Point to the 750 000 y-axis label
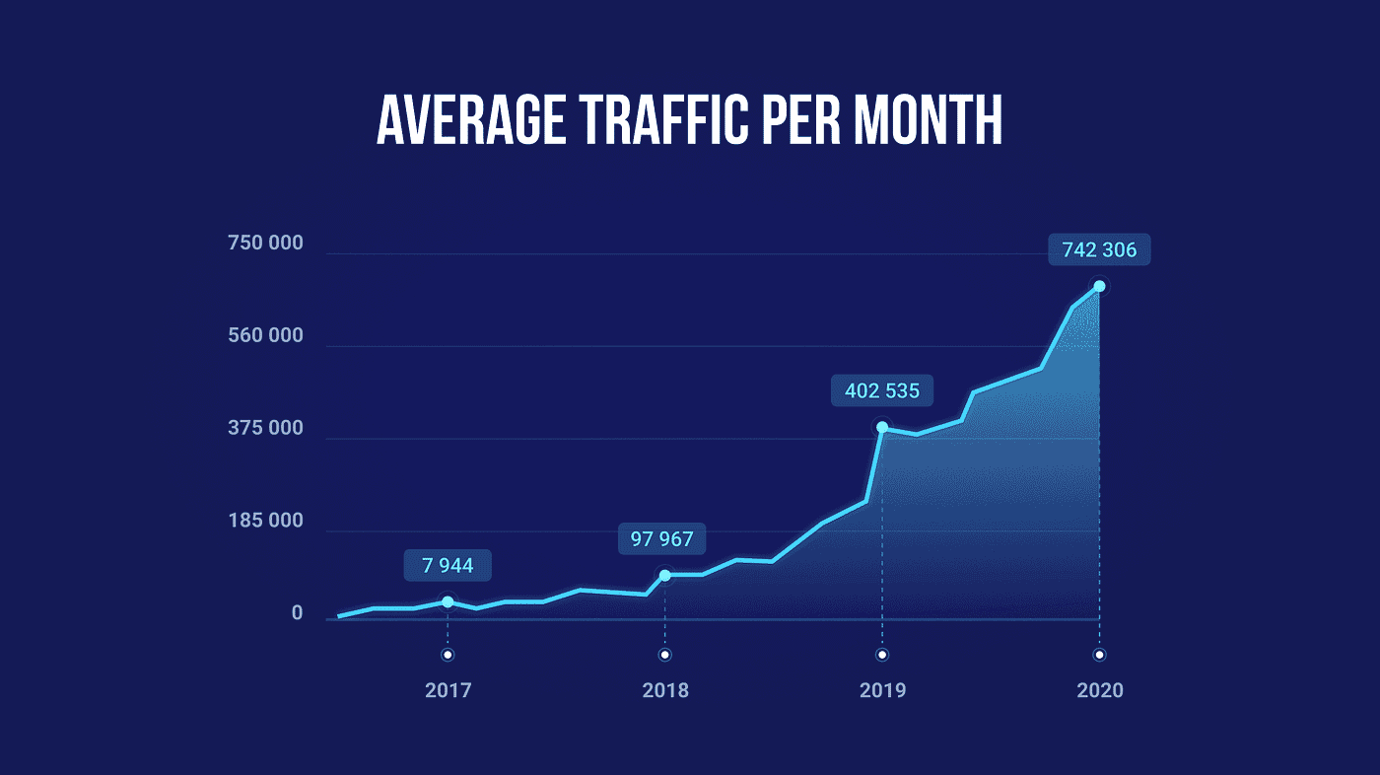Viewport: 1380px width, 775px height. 266,244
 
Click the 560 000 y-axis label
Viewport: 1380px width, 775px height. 266,336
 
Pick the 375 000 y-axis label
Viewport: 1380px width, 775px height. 266,429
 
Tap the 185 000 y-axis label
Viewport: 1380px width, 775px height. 266,522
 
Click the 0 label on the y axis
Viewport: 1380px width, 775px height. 297,614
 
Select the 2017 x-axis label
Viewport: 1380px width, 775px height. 448,690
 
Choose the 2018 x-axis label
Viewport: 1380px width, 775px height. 665,690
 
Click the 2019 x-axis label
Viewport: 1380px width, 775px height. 882,690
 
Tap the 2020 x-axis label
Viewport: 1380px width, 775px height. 1099,690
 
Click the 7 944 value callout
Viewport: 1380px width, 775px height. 448,566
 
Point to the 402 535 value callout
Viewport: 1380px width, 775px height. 881,391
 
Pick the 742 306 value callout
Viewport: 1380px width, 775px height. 1099,250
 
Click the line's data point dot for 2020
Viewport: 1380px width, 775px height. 1099,287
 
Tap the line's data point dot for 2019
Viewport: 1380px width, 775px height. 882,428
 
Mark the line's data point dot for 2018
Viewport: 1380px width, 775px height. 665,575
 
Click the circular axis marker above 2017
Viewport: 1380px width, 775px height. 448,655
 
